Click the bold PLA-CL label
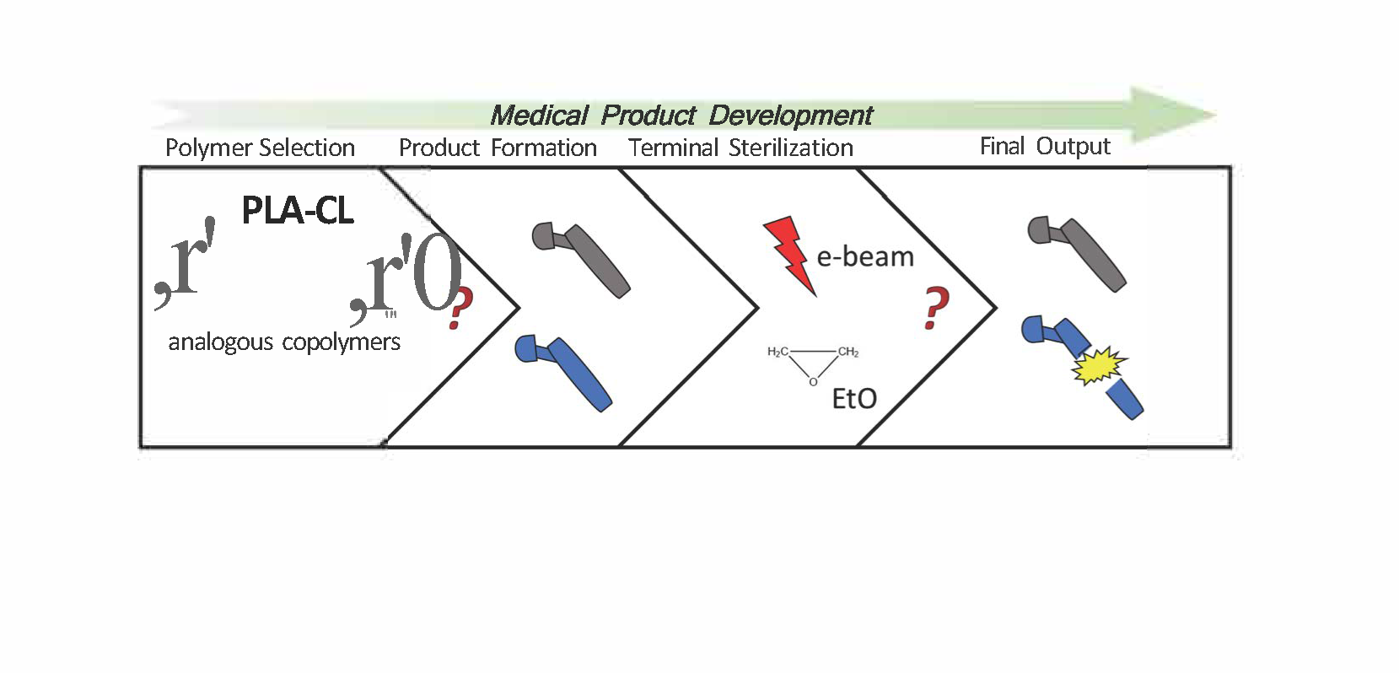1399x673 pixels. point(297,210)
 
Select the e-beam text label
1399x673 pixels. point(865,256)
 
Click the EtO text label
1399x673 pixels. point(853,398)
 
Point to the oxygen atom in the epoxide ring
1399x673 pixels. point(812,382)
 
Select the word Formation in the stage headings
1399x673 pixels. point(544,148)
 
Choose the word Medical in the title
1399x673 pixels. point(539,115)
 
